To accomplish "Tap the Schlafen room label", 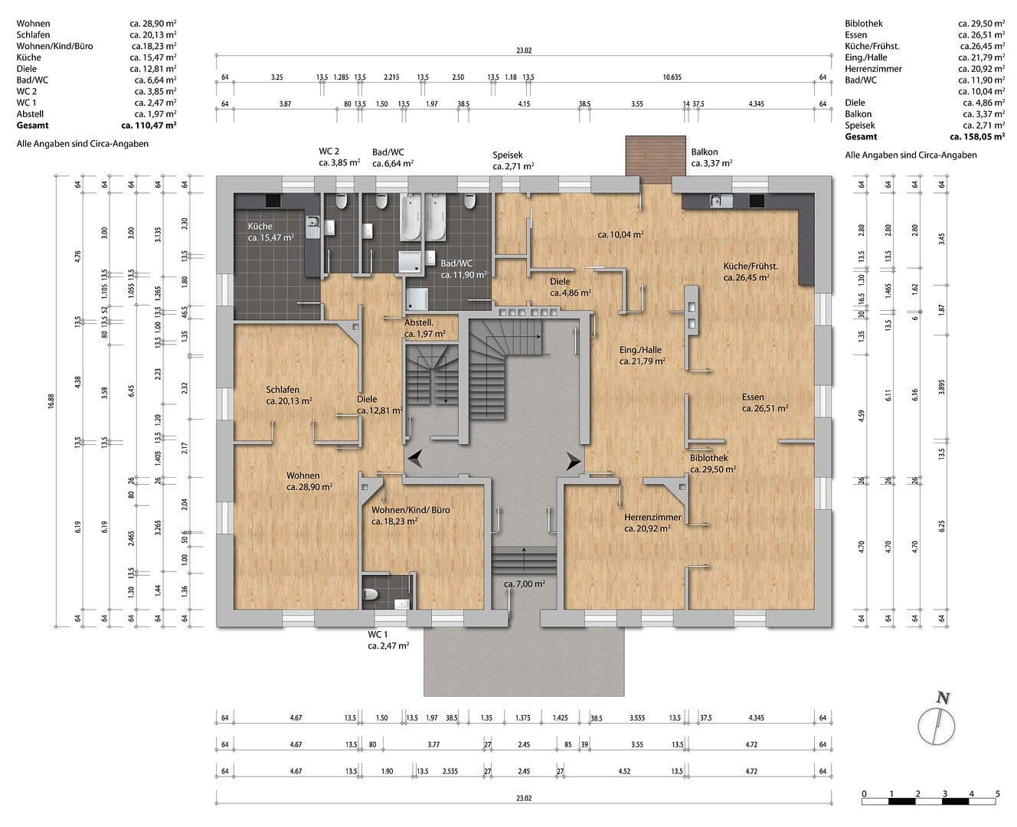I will [283, 390].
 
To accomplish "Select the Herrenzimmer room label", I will [652, 518].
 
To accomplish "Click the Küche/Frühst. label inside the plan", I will [750, 266].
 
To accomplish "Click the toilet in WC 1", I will [371, 594].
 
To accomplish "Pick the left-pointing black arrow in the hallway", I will [414, 459].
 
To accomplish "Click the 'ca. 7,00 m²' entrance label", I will [524, 583].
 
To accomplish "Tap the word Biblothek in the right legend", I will [864, 24].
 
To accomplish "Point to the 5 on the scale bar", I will [997, 793].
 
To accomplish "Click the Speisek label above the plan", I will [507, 155].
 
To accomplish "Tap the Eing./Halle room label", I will [640, 350].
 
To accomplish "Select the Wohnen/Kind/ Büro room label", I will [410, 510].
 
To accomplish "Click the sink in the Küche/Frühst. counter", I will [716, 201].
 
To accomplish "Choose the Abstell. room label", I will [419, 323].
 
